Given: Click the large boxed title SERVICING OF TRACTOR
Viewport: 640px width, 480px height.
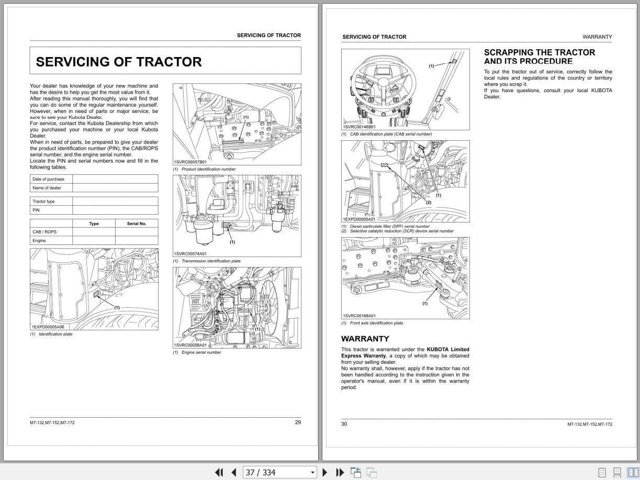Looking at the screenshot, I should coord(119,62).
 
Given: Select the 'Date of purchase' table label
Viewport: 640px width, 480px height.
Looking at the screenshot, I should coord(48,179).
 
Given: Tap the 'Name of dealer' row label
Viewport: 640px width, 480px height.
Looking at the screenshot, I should coord(47,188).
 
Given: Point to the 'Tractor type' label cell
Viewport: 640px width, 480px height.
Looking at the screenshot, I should coord(43,202).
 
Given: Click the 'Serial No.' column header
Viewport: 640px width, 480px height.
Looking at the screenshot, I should coord(137,224).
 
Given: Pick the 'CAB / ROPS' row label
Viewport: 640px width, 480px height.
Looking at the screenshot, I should coord(44,232).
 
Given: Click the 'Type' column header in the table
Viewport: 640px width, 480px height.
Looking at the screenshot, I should coord(94,224).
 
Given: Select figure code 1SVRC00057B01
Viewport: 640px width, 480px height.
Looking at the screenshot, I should coord(190,162).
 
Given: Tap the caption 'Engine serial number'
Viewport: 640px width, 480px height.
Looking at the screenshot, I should coord(201,352).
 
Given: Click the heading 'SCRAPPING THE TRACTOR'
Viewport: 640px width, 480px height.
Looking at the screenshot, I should coord(539,52).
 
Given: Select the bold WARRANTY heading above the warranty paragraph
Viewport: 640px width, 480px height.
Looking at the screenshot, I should coord(365,339).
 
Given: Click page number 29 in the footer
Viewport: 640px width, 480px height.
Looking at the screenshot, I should coord(298,422).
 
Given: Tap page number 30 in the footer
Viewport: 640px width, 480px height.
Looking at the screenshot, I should coord(344,424).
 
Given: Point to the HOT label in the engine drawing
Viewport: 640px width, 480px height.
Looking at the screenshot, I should coord(196,301).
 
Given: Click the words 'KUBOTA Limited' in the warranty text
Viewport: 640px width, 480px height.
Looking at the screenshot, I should coord(448,350).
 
